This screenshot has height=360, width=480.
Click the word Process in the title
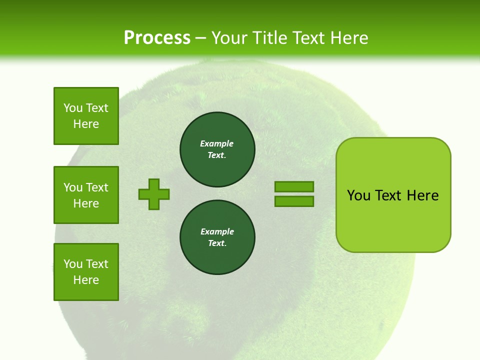157,38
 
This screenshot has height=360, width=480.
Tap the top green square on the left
86,116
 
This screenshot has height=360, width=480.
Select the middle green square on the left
86,195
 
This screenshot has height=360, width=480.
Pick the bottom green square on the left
86,272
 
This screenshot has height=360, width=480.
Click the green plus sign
154,194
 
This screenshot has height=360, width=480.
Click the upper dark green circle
217,149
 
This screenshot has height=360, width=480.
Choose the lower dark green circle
217,237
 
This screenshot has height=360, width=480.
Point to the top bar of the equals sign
294,186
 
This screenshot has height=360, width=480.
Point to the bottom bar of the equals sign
294,201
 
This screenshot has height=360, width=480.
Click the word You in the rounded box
359,195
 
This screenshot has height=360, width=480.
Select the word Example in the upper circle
217,143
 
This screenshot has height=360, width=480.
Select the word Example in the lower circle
217,231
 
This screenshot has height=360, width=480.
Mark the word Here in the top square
86,124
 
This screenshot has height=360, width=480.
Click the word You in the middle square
73,187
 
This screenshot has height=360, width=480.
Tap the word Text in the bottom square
97,264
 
